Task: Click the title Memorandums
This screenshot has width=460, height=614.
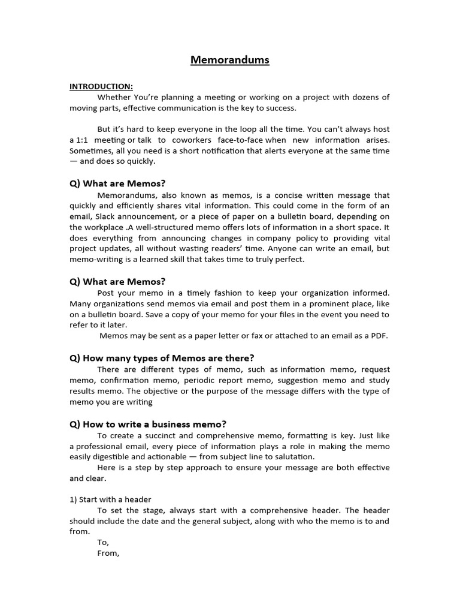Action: point(230,60)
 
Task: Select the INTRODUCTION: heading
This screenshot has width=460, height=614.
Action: point(101,86)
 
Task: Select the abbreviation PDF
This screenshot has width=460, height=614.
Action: point(379,336)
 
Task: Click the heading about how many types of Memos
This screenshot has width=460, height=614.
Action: point(162,358)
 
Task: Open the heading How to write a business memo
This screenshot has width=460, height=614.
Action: point(148,424)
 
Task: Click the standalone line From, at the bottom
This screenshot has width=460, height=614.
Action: point(108,553)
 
